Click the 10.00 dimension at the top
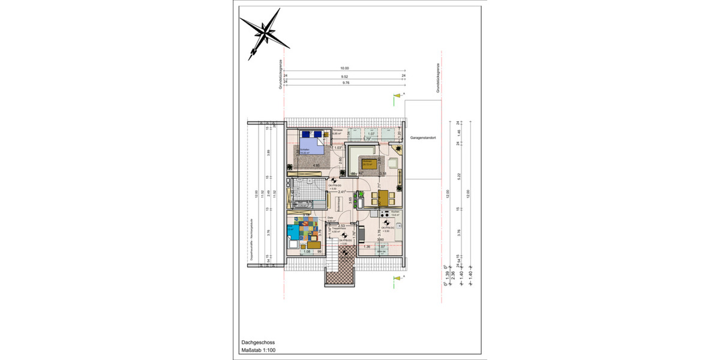344,68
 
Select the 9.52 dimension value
344,77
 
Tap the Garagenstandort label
423,137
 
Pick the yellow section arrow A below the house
397,278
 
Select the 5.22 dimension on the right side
458,177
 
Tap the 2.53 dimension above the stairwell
340,226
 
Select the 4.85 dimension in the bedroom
316,164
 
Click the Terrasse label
338,130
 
